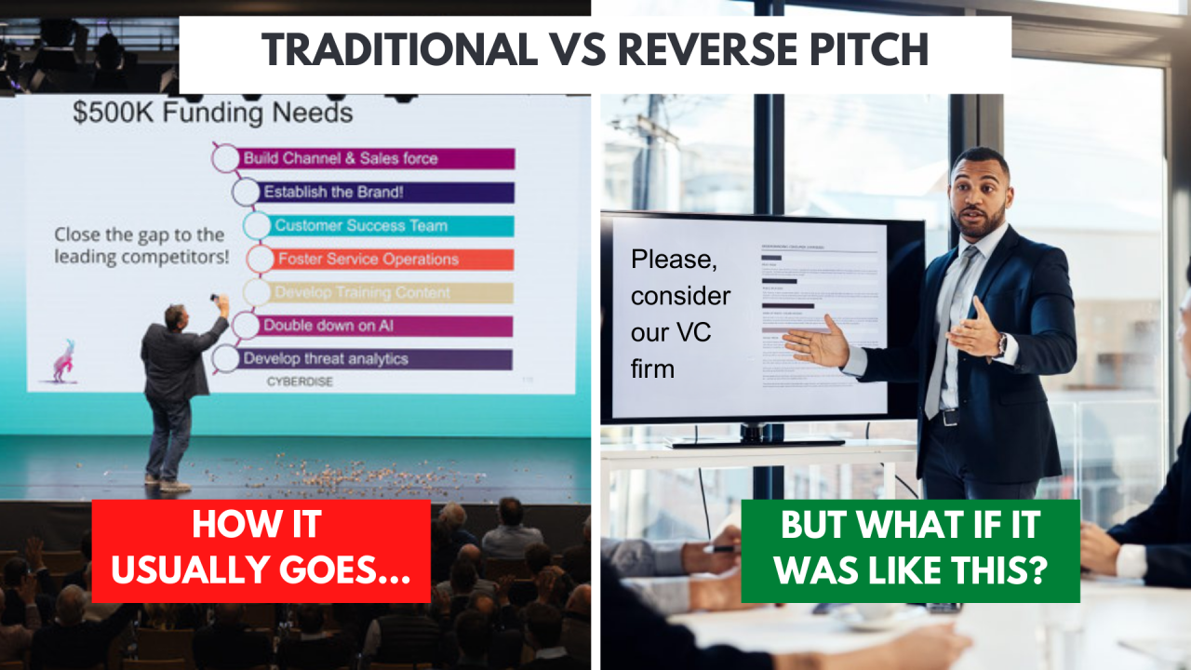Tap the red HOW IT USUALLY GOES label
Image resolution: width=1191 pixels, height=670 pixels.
[261, 551]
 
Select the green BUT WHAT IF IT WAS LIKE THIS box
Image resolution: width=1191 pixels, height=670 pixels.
[910, 551]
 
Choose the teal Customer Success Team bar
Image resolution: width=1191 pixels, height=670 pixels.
[391, 226]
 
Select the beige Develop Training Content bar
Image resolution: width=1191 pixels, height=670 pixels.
[391, 293]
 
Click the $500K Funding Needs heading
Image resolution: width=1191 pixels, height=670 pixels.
[212, 114]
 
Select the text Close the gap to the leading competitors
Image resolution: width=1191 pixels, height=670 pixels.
[140, 246]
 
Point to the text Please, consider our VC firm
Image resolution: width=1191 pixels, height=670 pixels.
[680, 313]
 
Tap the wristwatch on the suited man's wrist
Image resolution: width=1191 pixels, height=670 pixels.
[1000, 345]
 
